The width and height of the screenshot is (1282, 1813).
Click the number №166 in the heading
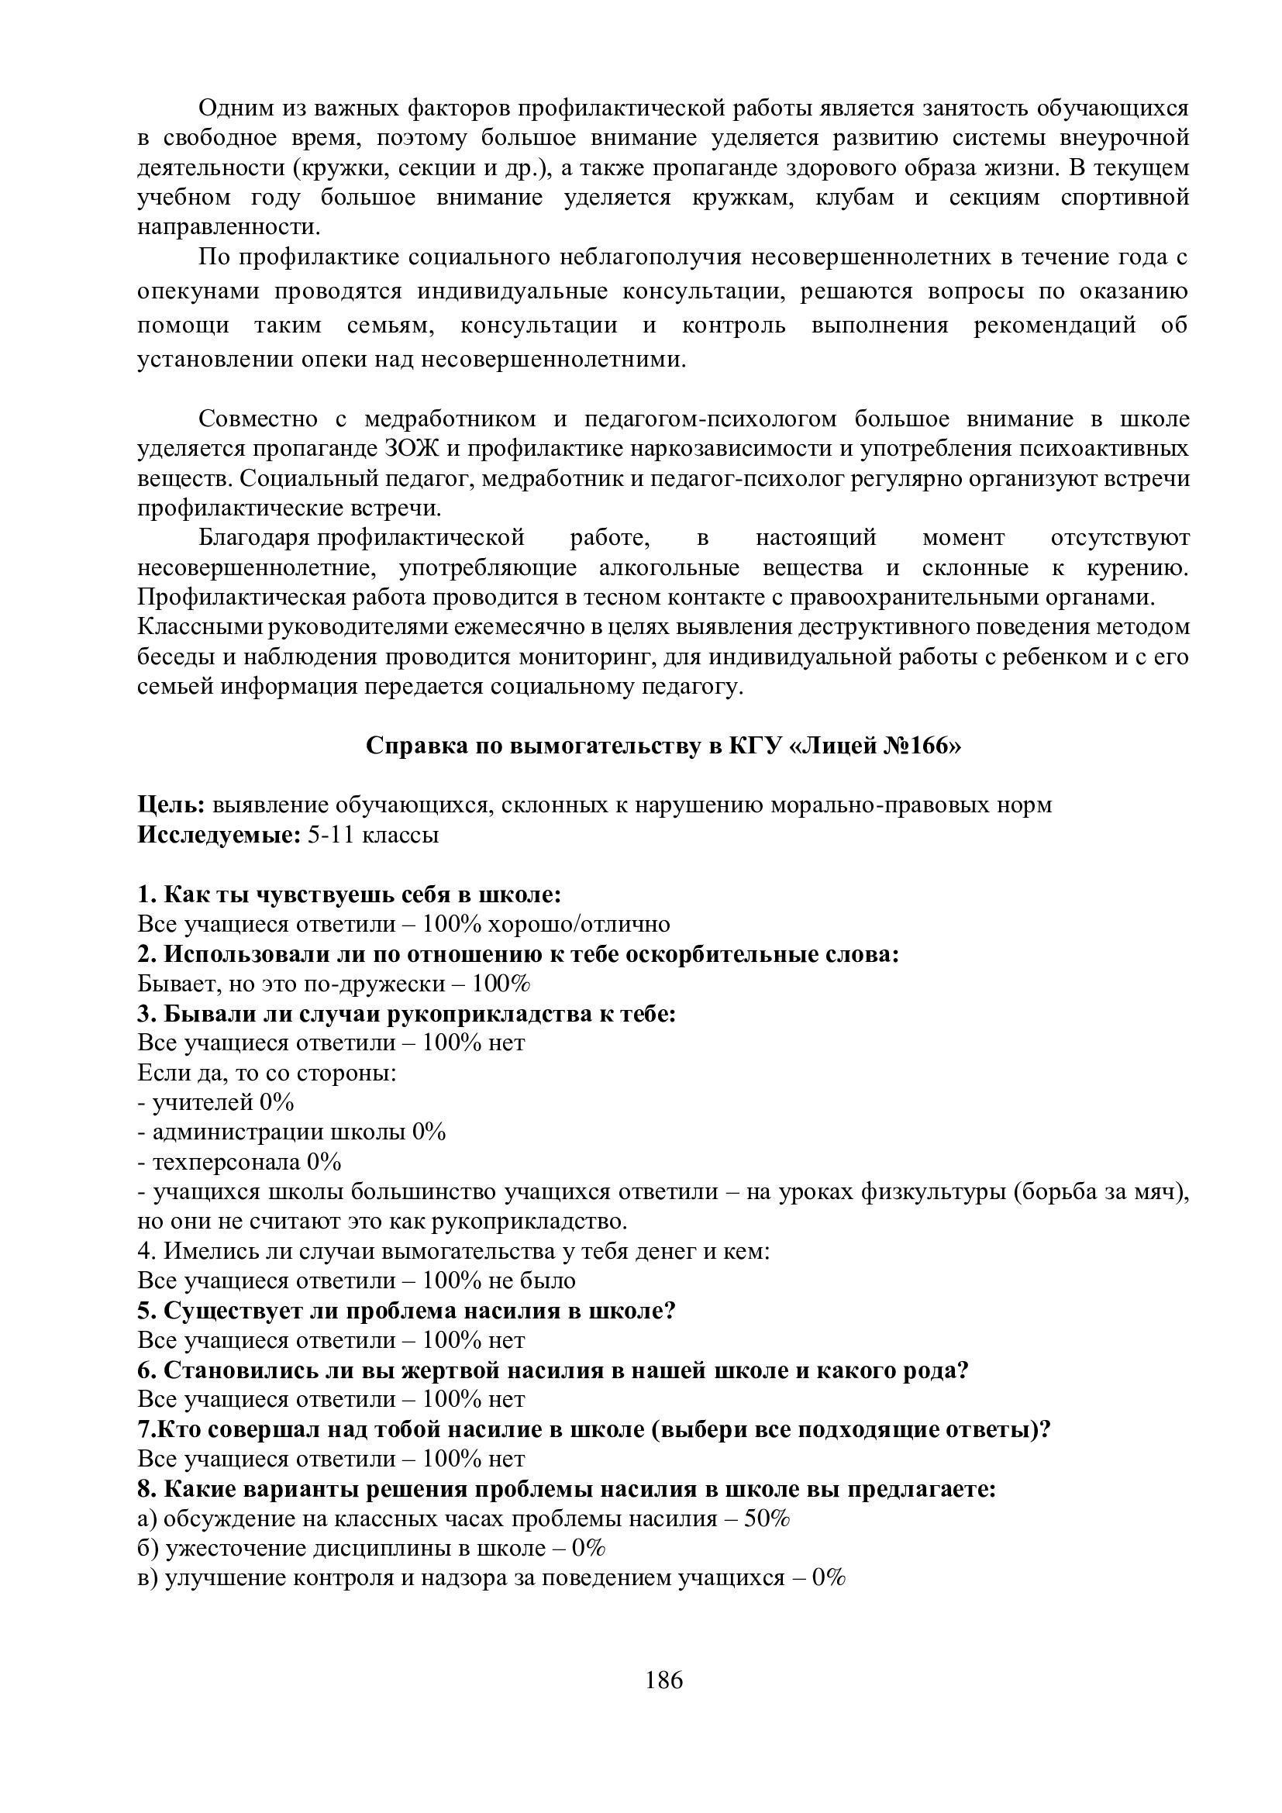click(916, 746)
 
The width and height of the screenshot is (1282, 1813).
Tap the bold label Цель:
click(171, 805)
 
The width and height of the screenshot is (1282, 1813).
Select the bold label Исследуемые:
click(219, 835)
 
